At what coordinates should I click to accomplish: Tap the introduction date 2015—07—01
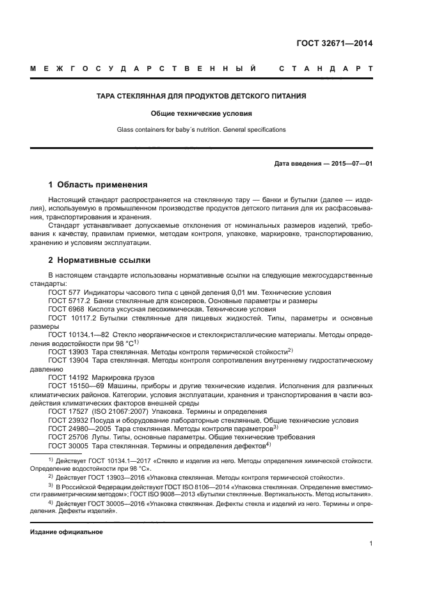[350, 164]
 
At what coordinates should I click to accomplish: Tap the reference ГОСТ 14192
[67, 377]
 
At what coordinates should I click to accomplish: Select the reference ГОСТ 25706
[67, 437]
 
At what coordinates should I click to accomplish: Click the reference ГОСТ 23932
[67, 420]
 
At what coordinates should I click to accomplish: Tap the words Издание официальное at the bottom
[67, 531]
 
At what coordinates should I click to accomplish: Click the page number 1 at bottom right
[371, 544]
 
